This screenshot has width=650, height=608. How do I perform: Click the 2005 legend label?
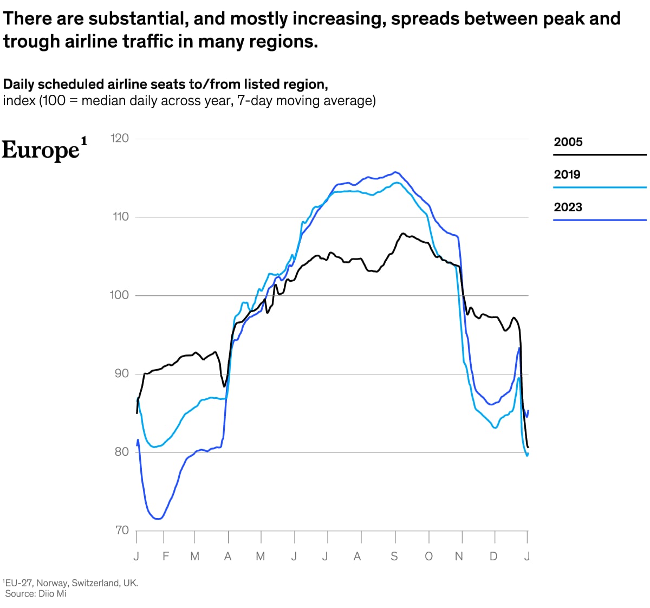568,142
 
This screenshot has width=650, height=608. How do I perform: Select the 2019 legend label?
567,174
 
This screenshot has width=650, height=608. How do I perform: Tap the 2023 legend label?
568,207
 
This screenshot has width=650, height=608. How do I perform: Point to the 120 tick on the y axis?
120,138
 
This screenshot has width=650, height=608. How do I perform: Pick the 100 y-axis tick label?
120,295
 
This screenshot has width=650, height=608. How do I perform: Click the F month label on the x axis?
166,557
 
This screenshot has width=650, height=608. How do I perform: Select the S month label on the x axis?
394,557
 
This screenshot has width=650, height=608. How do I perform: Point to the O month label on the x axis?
428,557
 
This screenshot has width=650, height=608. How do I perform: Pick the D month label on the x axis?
493,557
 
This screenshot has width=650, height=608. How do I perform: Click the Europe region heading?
41,150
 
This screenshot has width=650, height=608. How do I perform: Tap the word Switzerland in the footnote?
95,583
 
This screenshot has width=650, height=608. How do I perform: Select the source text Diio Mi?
52,593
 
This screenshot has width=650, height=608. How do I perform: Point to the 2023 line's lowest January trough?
158,519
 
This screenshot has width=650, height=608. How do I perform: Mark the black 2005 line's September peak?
402,234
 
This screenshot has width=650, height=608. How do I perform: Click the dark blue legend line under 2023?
600,220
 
